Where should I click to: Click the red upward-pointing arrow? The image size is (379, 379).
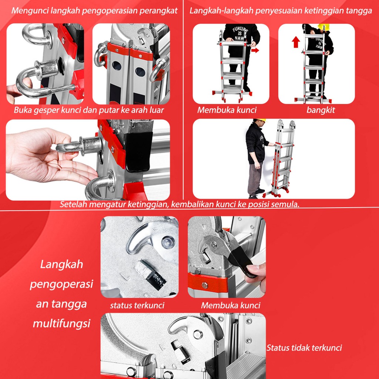296,42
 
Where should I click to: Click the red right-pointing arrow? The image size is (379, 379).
255,50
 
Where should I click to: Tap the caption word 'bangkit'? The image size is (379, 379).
321,110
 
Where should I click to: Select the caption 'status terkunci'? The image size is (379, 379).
137,305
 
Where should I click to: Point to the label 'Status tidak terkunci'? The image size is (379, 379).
304,348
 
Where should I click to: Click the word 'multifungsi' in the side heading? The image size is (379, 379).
62,323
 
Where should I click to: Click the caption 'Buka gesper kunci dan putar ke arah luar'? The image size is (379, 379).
89,110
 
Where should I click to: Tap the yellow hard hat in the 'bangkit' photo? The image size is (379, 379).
324,27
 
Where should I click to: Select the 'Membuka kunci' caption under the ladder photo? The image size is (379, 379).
227,110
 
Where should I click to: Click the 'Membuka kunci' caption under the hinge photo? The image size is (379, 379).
231,305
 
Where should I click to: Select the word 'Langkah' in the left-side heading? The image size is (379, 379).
62,264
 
